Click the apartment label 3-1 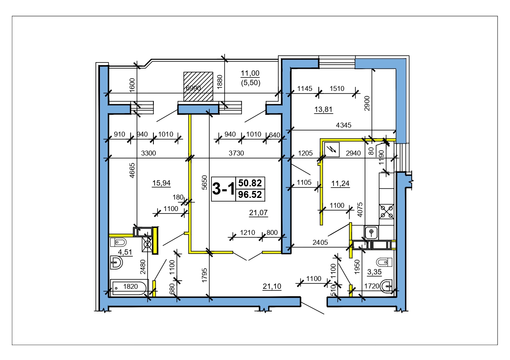[x=223, y=189]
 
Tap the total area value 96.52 [x=250, y=195]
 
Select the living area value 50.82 [x=250, y=183]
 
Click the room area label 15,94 [x=161, y=183]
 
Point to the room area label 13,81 [x=323, y=109]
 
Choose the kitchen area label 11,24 [x=340, y=183]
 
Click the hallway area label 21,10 [x=272, y=286]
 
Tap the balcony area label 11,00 [x=250, y=73]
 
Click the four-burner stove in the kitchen [x=386, y=211]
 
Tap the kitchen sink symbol [x=371, y=232]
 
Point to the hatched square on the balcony [x=198, y=86]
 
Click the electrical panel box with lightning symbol [x=332, y=149]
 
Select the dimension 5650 [x=205, y=182]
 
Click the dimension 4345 [x=343, y=125]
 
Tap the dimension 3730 [x=236, y=153]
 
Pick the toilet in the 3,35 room [x=384, y=262]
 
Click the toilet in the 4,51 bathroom [x=118, y=242]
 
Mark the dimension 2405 [x=320, y=242]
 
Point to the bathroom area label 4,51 [x=125, y=252]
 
